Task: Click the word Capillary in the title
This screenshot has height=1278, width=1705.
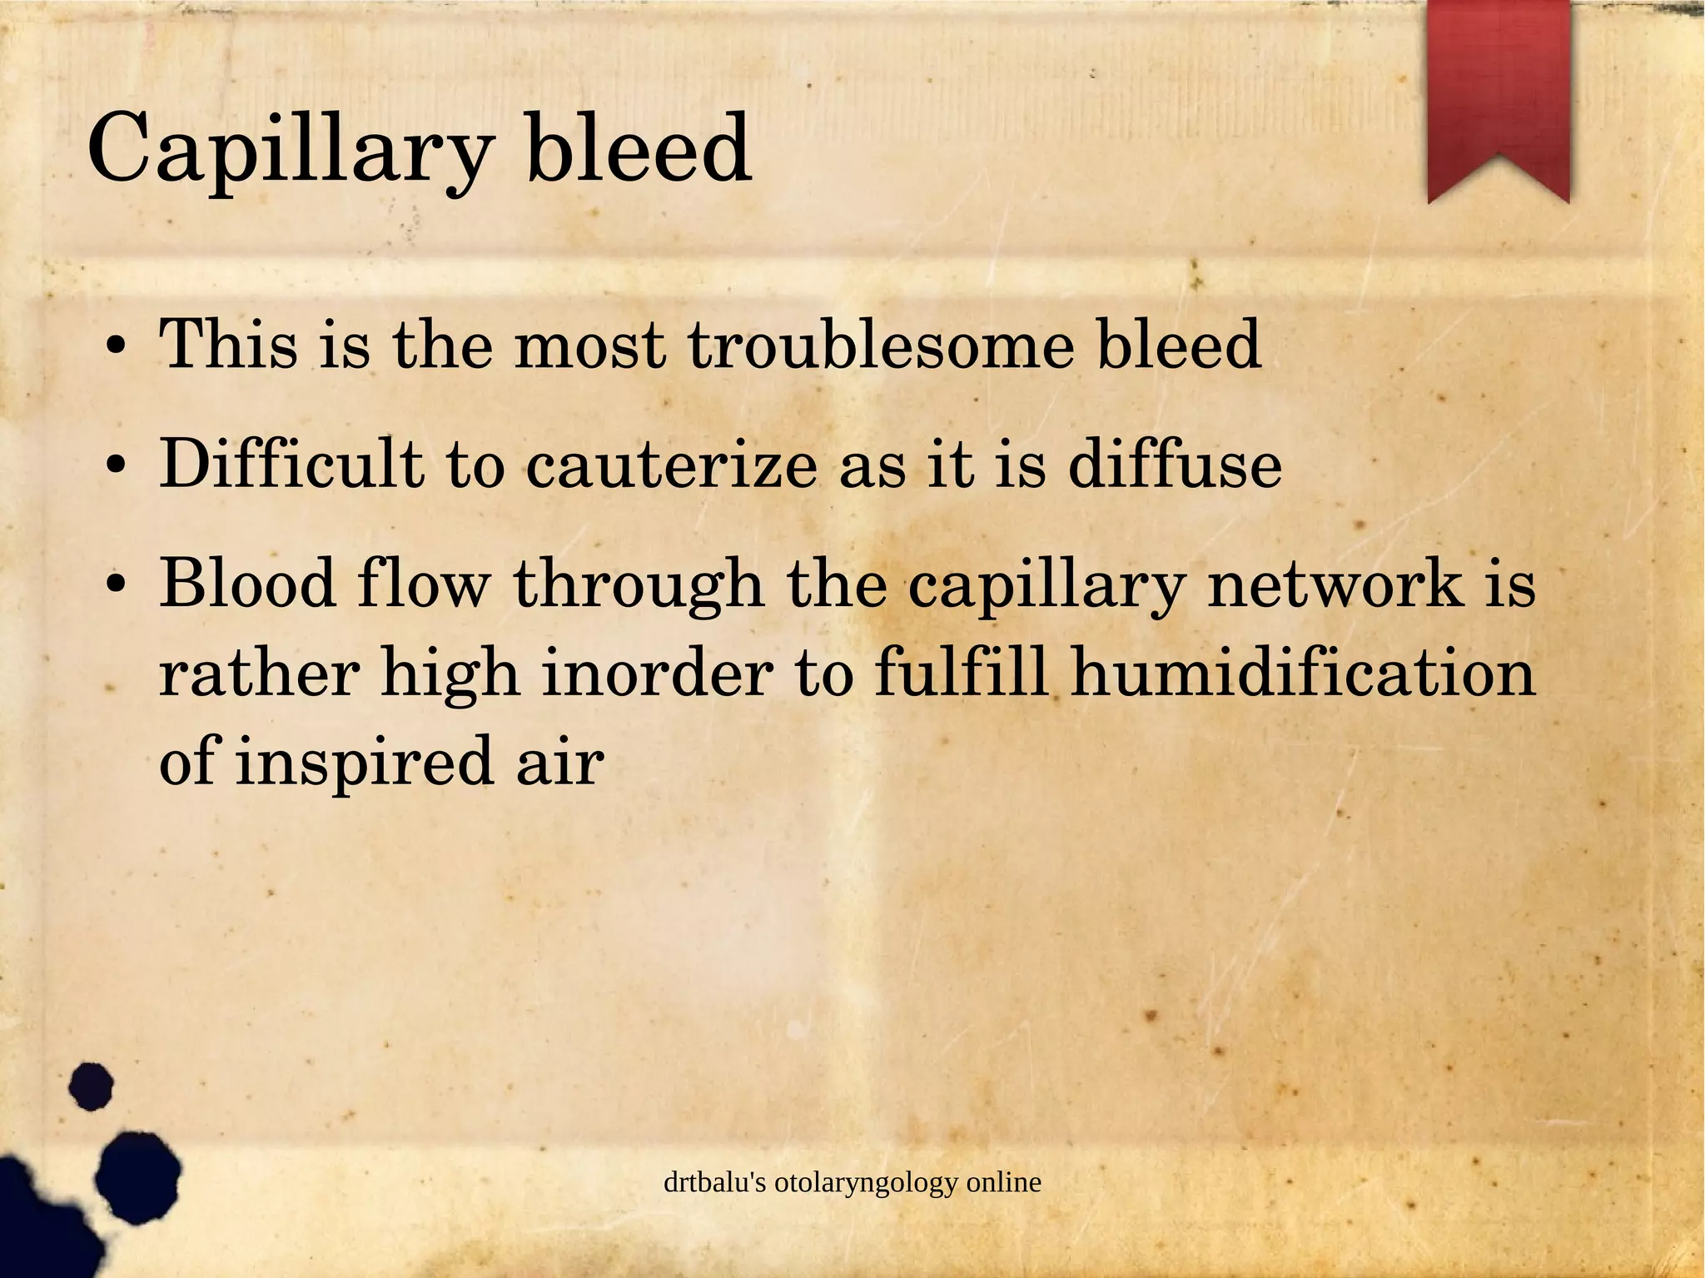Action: point(288,151)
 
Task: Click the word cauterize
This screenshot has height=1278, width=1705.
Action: point(671,465)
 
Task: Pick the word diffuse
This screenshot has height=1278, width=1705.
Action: point(1175,463)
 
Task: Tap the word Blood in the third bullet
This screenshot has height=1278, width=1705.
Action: point(248,583)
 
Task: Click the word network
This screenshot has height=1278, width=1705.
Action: point(1335,583)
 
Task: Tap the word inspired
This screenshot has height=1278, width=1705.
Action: point(365,763)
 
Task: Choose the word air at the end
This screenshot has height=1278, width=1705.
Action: point(559,763)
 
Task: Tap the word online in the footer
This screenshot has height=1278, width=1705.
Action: point(1004,1182)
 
